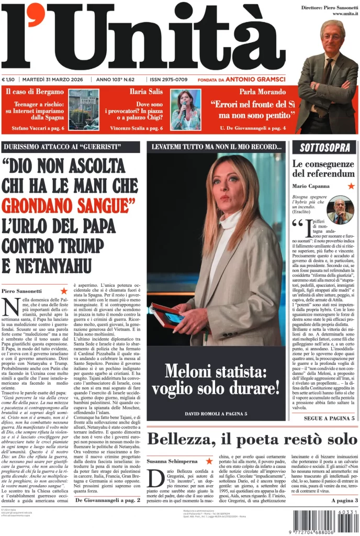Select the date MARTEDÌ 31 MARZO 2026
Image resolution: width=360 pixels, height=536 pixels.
pyautogui.click(x=55, y=80)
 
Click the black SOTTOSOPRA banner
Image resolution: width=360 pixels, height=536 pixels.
pyautogui.click(x=324, y=148)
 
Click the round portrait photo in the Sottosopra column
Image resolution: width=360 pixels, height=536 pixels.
pyautogui.click(x=340, y=210)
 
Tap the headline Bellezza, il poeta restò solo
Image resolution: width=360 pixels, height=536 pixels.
pyautogui.click(x=252, y=439)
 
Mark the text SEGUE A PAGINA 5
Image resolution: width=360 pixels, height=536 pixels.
pyautogui.click(x=329, y=418)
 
